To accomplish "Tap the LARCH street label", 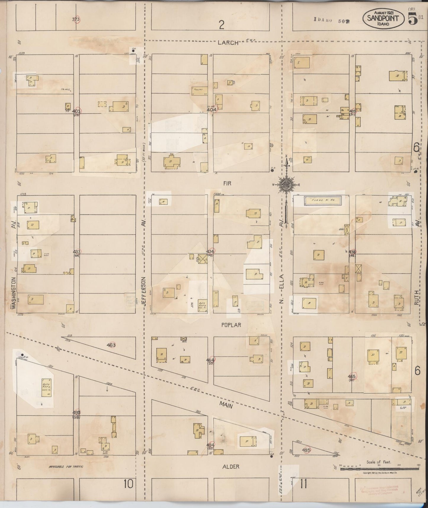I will click(228, 43).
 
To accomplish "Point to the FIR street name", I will click(227, 183).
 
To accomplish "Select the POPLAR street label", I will click(231, 325).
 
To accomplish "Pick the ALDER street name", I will click(230, 467).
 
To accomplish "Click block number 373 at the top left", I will click(76, 20).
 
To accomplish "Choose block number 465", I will click(352, 377).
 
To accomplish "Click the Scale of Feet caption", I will click(379, 462).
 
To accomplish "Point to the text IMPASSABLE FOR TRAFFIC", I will click(66, 467).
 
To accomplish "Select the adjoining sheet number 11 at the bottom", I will click(303, 484).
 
